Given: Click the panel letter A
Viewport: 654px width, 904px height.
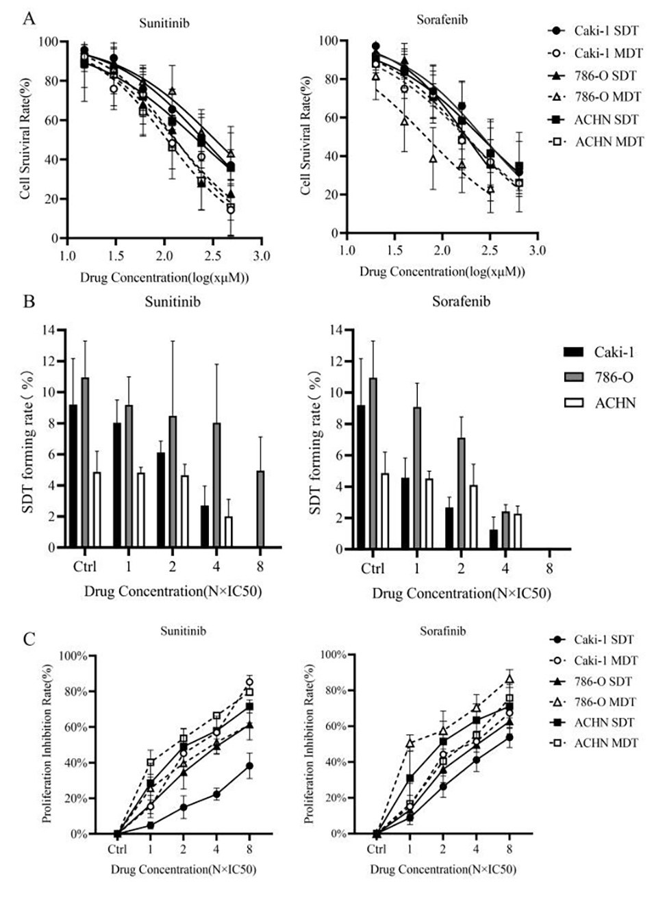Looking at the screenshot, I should pyautogui.click(x=29, y=18).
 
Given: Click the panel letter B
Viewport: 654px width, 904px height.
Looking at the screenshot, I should pyautogui.click(x=29, y=301).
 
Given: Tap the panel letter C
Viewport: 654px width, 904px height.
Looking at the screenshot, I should pyautogui.click(x=29, y=639).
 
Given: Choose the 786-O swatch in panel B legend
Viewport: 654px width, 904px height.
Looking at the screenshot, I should pyautogui.click(x=573, y=377).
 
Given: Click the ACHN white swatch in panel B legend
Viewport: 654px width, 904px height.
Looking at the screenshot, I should pyautogui.click(x=573, y=403).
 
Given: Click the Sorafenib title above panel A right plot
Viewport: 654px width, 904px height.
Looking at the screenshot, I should pyautogui.click(x=442, y=20).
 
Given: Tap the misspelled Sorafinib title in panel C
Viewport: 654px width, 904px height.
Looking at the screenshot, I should pyautogui.click(x=442, y=631).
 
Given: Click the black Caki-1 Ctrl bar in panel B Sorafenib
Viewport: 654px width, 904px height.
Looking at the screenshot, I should pyautogui.click(x=361, y=477).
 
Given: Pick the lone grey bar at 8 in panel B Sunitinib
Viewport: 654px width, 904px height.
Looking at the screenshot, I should pyautogui.click(x=260, y=509).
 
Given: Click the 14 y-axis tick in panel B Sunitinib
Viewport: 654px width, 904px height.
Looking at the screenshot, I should pyautogui.click(x=49, y=330).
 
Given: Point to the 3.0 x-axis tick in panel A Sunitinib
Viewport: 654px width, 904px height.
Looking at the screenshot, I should pyautogui.click(x=261, y=256).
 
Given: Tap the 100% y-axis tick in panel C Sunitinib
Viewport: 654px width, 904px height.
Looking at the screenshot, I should pyautogui.click(x=73, y=656).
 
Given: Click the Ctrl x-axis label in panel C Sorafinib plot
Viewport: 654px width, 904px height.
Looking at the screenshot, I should pyautogui.click(x=376, y=850).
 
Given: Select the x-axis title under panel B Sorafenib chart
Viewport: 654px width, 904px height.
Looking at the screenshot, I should pyautogui.click(x=461, y=593).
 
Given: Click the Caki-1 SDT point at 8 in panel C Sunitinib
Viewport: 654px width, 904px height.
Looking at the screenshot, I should pyautogui.click(x=250, y=766).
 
